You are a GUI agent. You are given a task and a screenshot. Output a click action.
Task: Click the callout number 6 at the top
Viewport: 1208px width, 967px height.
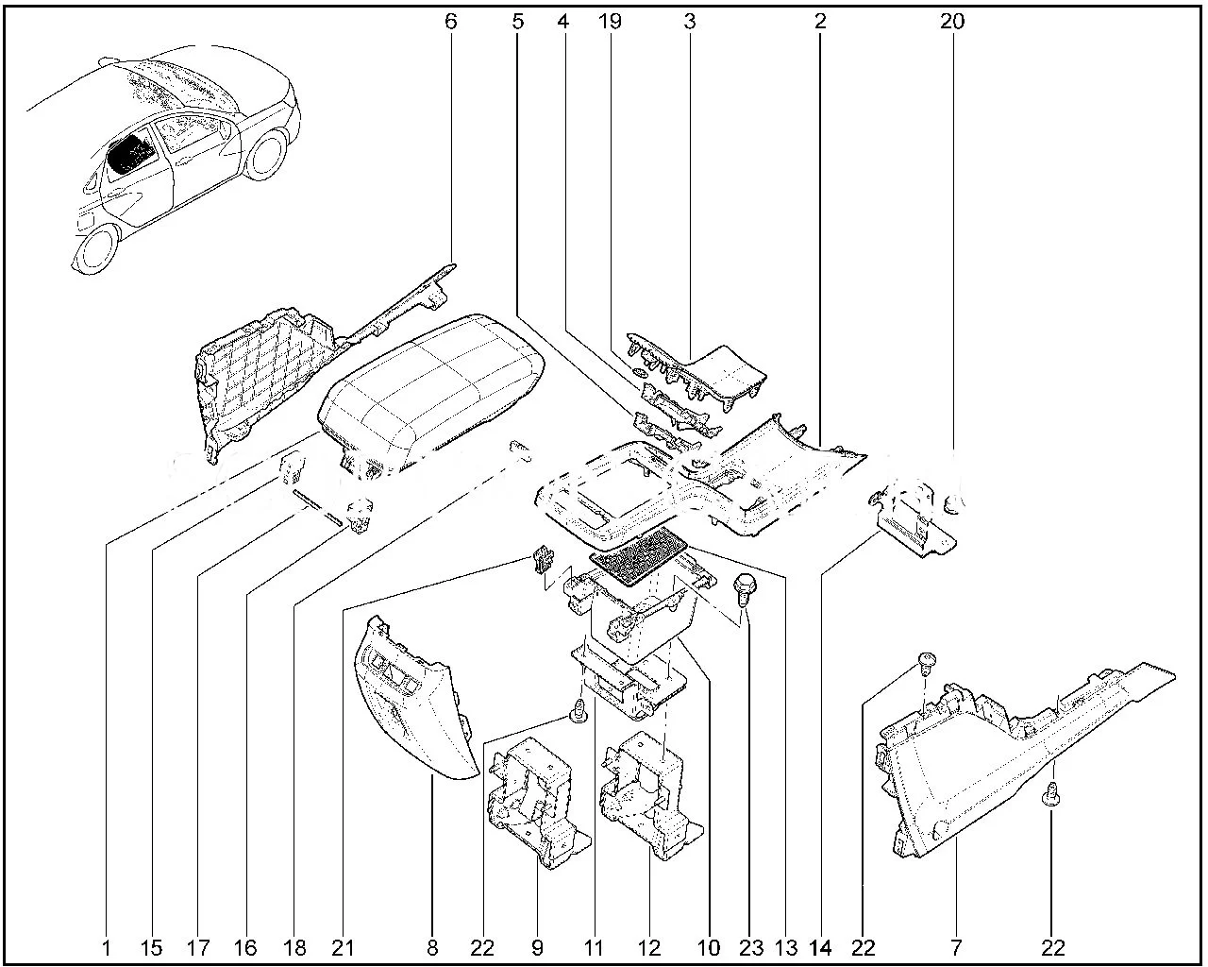(450, 20)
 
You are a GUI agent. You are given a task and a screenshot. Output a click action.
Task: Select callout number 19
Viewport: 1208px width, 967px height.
(611, 20)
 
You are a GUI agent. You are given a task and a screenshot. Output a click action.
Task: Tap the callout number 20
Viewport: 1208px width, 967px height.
(952, 20)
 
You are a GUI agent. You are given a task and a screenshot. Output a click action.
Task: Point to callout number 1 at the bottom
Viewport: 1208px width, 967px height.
(106, 947)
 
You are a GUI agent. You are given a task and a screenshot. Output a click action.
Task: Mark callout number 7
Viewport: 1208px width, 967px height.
(956, 947)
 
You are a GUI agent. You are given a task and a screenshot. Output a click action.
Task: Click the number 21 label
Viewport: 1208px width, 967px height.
(341, 947)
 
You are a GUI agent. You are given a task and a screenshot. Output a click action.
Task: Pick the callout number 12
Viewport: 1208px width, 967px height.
(648, 947)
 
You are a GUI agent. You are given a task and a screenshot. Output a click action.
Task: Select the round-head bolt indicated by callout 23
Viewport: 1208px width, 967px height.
(747, 585)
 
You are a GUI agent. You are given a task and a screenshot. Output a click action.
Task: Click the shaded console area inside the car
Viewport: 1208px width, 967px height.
(128, 153)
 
